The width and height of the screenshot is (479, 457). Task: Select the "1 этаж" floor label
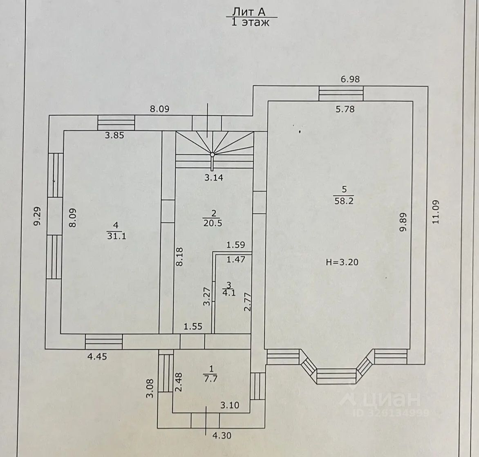pos(251,22)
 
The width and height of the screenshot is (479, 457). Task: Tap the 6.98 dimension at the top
pos(350,79)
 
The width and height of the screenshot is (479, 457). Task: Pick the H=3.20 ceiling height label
pos(342,262)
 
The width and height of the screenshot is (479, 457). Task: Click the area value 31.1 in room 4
pos(116,236)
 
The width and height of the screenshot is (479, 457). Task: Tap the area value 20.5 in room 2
pos(213,223)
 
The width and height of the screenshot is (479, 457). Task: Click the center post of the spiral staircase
pos(213,155)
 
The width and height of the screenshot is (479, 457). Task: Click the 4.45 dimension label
pos(97,356)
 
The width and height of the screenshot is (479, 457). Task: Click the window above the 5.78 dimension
pos(341,94)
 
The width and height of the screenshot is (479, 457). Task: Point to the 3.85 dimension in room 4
pos(114,136)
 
